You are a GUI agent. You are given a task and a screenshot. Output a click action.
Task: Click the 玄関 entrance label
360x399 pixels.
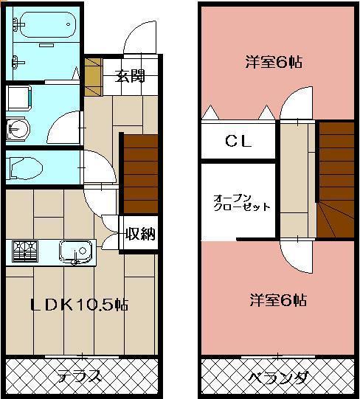click(129, 75)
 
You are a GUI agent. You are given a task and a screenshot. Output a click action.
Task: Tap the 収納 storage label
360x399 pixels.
click(140, 235)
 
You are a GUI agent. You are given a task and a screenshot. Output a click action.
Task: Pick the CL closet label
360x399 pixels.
click(238, 141)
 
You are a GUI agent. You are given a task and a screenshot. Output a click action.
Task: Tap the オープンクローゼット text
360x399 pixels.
click(240, 203)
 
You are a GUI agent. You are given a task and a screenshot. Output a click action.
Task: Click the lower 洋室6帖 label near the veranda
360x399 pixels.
click(278, 300)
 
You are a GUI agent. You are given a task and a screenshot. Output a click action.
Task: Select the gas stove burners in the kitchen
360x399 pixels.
click(24, 252)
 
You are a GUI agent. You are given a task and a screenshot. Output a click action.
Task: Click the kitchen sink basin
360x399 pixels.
click(75, 251)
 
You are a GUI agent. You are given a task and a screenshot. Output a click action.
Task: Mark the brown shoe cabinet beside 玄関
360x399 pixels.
click(92, 75)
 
